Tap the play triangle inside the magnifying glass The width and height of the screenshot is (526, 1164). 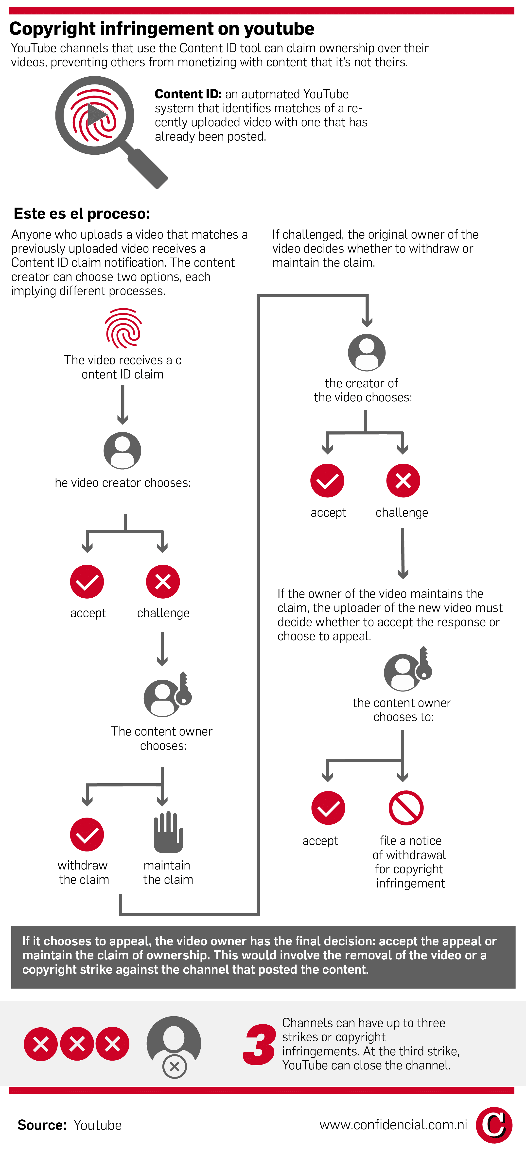[x=96, y=114]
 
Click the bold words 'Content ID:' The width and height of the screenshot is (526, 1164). [x=188, y=94]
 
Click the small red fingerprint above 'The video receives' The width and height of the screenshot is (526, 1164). [x=123, y=328]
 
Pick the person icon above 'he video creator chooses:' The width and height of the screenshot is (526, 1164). [x=123, y=451]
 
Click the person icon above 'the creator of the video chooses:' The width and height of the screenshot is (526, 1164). [x=367, y=352]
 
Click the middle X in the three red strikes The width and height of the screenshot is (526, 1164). [x=77, y=1044]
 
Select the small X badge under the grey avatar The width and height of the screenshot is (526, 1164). [x=175, y=1066]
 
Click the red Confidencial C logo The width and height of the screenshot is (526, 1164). [x=494, y=1125]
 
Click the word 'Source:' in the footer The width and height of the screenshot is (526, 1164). [x=42, y=1125]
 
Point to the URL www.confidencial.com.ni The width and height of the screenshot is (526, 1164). [x=393, y=1125]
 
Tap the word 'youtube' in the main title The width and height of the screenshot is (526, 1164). [x=279, y=29]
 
